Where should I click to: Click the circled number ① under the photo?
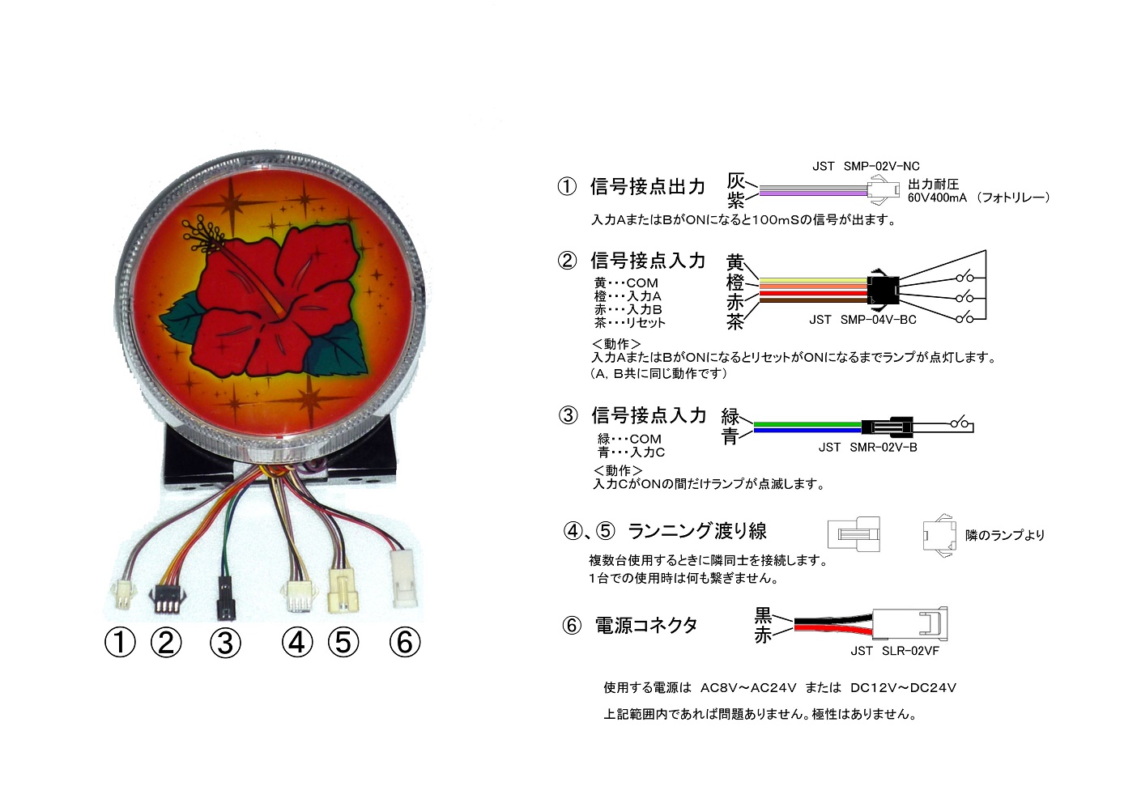[x=120, y=642]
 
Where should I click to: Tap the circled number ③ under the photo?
[x=225, y=643]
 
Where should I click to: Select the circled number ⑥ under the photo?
[x=405, y=642]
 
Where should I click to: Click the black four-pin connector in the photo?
[x=167, y=601]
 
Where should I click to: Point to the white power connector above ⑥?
[x=404, y=579]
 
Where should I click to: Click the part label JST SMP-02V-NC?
[x=866, y=167]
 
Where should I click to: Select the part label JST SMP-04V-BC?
[x=862, y=320]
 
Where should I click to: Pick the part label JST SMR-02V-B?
[x=867, y=447]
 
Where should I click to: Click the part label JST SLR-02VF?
[x=895, y=651]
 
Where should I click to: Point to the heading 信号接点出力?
[x=647, y=187]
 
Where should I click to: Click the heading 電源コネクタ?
[x=646, y=626]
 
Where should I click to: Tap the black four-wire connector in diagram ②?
[x=884, y=290]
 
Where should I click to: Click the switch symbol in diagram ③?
[x=961, y=422]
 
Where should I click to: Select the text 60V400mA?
[x=937, y=198]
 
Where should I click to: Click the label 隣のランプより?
[x=1005, y=535]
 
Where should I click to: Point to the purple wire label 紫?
[x=736, y=201]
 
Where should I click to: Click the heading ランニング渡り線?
[x=697, y=531]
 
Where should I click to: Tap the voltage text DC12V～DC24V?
[x=904, y=688]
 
